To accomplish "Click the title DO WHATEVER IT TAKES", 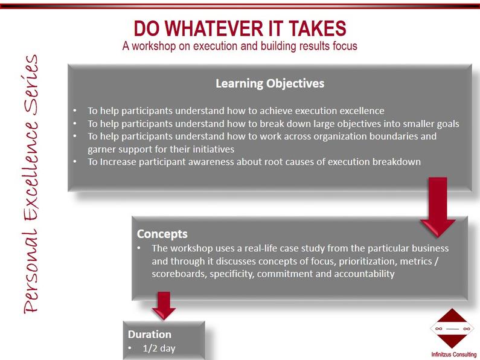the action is click(240, 28).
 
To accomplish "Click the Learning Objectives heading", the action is click(270, 83).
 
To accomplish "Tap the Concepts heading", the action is click(162, 234).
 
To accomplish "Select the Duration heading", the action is click(149, 334).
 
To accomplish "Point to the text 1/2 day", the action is click(159, 349).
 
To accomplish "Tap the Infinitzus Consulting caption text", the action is click(454, 355).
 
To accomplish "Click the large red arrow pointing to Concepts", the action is click(438, 208).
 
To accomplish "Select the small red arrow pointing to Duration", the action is click(164, 306).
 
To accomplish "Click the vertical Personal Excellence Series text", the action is click(31, 184).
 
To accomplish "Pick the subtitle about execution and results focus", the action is click(240, 47).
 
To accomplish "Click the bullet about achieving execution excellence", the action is click(235, 111).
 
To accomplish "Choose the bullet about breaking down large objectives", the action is click(274, 124).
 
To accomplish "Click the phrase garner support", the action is click(117, 149).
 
